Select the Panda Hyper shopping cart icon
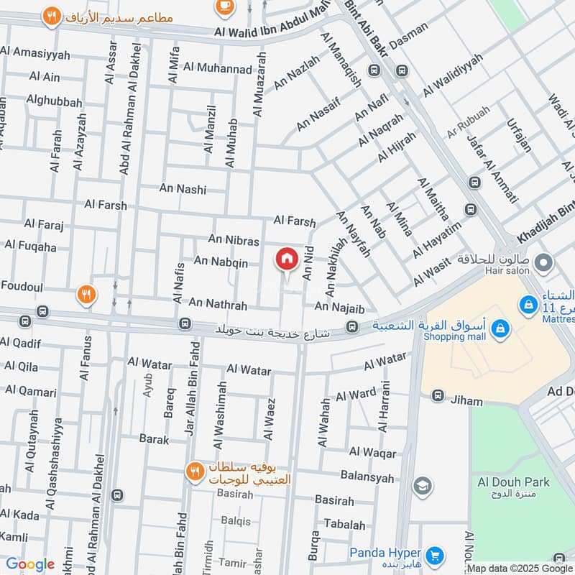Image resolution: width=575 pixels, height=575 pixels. pyautogui.click(x=433, y=555)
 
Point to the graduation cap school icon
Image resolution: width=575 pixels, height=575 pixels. pyautogui.click(x=423, y=487)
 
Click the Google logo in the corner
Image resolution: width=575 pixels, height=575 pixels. pyautogui.click(x=30, y=564)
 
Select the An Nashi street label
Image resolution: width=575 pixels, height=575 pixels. pyautogui.click(x=183, y=190)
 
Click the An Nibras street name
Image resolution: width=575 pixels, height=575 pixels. pyautogui.click(x=233, y=240)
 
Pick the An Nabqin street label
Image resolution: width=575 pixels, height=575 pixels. pyautogui.click(x=221, y=263)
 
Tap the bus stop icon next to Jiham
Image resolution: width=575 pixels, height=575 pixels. pyautogui.click(x=436, y=396)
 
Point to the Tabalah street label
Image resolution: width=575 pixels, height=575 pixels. pyautogui.click(x=344, y=525)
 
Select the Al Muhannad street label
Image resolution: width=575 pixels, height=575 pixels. pyautogui.click(x=217, y=68)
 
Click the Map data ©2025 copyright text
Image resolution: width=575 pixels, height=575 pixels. pyautogui.click(x=507, y=568)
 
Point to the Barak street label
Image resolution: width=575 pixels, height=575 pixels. pyautogui.click(x=154, y=438)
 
